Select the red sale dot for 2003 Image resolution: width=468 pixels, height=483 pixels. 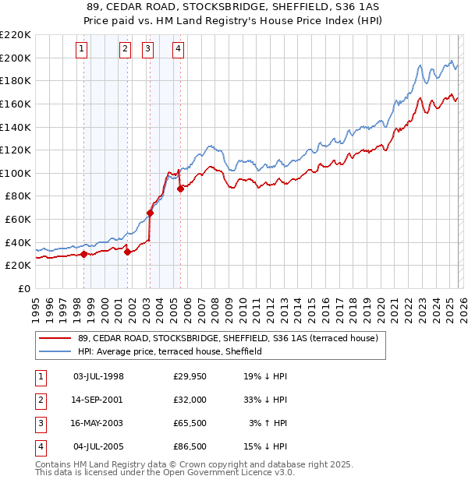pos(150,213)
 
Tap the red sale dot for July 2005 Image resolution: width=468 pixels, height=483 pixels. pos(180,189)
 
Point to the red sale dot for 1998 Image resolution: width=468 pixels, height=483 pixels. pos(83,254)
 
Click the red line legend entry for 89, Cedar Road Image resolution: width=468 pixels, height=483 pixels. pos(228,338)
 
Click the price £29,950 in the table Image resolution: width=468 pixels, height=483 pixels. pos(190,375)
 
